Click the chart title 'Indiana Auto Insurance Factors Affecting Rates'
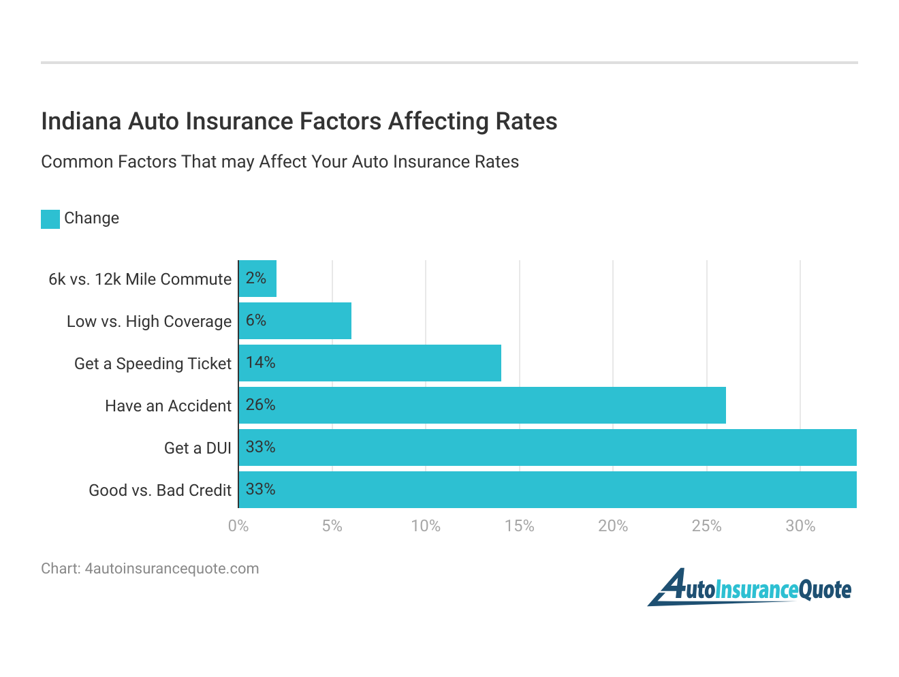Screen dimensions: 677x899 tap(299, 121)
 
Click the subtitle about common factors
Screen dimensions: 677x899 tap(280, 162)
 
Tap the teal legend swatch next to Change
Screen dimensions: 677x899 tap(50, 219)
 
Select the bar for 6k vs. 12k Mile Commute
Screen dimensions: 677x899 tap(258, 279)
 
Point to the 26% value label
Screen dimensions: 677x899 tap(260, 405)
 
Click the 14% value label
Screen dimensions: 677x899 tap(260, 363)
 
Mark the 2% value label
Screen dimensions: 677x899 tap(256, 278)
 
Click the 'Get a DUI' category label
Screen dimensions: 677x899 tap(198, 448)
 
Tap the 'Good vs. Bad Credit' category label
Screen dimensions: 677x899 tap(160, 490)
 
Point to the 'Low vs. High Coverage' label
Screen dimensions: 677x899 tap(149, 321)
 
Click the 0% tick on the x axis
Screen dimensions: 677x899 tap(238, 526)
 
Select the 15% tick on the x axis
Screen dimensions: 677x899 tap(519, 526)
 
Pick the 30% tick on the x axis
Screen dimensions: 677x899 tap(800, 526)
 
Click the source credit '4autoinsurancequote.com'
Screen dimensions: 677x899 tap(150, 569)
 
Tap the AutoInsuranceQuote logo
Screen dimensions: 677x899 tap(749, 588)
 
